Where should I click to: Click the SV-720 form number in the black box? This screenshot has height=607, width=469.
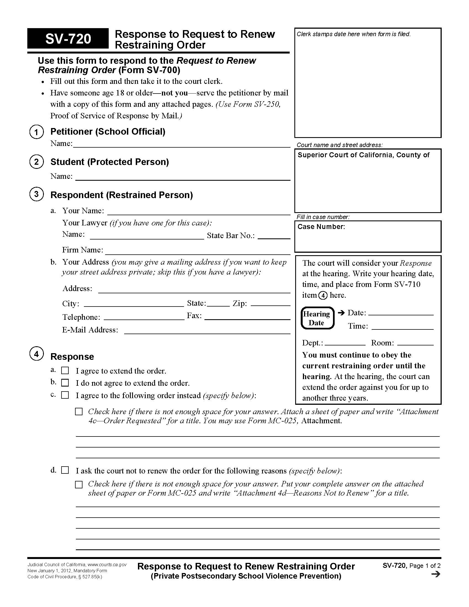pyautogui.click(x=68, y=39)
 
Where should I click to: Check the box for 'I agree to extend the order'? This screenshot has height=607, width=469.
pyautogui.click(x=65, y=371)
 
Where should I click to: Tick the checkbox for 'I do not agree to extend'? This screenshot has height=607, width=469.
pyautogui.click(x=65, y=383)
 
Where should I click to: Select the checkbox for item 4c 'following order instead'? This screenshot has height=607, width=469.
pyautogui.click(x=65, y=395)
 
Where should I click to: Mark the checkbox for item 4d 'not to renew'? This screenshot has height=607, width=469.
pyautogui.click(x=65, y=470)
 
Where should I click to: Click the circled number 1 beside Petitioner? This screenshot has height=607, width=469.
pyautogui.click(x=36, y=132)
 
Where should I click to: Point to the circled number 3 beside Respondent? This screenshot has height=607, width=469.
pyautogui.click(x=36, y=194)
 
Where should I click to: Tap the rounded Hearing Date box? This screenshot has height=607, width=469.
pyautogui.click(x=317, y=318)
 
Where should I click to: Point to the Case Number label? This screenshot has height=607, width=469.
pyautogui.click(x=321, y=227)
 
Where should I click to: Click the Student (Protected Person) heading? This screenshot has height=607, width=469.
pyautogui.click(x=110, y=162)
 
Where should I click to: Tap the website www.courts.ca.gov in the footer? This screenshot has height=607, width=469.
pyautogui.click(x=107, y=565)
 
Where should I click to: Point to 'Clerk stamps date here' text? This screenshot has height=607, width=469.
pyautogui.click(x=353, y=34)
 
